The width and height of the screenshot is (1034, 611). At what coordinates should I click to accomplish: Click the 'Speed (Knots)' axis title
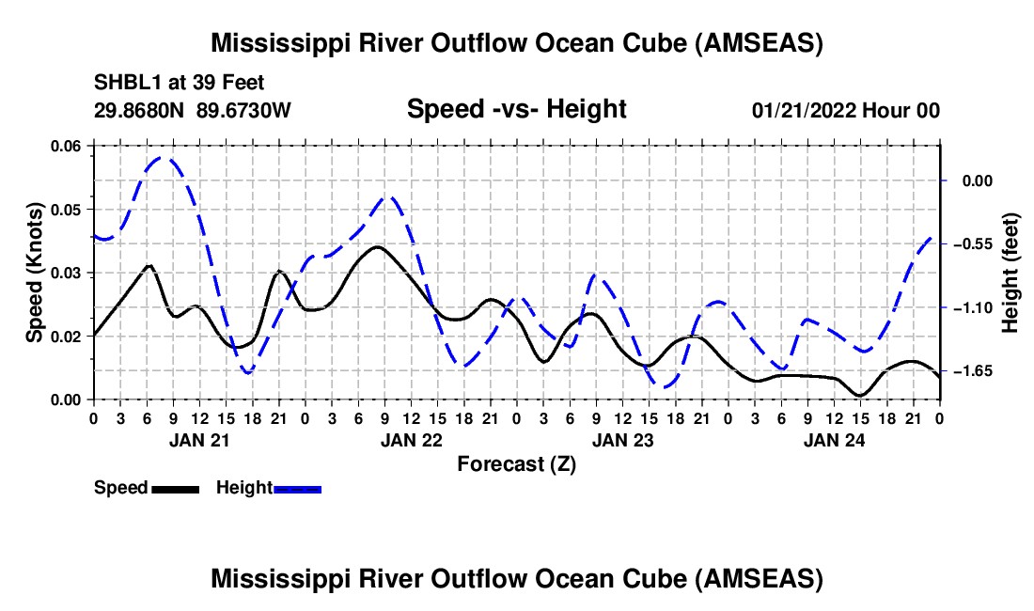35,273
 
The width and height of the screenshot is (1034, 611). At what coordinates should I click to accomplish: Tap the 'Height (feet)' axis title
1011,273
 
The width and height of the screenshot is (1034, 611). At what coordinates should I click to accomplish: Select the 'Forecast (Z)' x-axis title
516,463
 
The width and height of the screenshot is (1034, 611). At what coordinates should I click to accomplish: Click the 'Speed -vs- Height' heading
516,110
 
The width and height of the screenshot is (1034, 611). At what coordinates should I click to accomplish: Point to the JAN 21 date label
198,439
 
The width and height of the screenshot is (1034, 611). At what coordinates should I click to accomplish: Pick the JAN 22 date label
410,439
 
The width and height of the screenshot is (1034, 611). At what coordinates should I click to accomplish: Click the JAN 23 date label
622,439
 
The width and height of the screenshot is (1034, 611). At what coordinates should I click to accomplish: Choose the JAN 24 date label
834,439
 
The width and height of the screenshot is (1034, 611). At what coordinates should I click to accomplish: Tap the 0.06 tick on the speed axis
67,146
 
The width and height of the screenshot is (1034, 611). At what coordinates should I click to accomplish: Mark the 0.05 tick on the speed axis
67,209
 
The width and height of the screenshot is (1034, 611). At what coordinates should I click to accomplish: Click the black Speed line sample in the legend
175,488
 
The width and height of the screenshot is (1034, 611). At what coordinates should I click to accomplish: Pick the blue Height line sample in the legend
297,488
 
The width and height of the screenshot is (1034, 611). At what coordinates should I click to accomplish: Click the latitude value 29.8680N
140,111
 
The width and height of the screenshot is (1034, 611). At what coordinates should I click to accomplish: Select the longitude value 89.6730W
244,111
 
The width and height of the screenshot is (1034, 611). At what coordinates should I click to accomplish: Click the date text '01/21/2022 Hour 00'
845,111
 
